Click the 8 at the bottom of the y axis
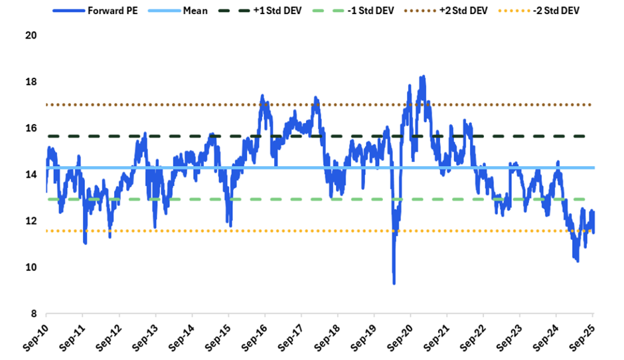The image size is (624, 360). point(31,314)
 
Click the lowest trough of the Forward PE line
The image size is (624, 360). point(394,284)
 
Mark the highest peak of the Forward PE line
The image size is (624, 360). point(422,76)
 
